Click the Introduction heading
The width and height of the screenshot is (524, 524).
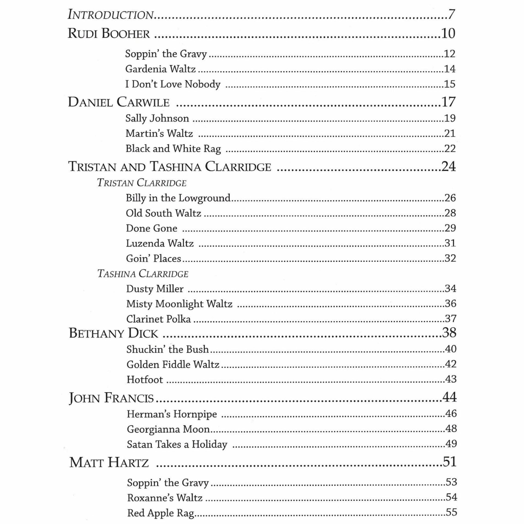click(111, 14)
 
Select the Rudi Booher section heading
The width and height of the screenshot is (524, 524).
click(109, 34)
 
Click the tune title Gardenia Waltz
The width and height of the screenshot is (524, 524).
click(160, 69)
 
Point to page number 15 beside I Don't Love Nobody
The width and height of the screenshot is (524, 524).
click(449, 84)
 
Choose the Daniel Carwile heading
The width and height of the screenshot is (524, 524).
click(118, 102)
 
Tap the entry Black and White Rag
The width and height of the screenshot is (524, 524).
click(173, 149)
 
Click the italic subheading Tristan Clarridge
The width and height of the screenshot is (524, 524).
click(142, 183)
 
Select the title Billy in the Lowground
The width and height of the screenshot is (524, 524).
click(178, 198)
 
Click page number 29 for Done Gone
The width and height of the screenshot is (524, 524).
click(450, 228)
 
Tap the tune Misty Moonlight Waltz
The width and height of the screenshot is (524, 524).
click(179, 304)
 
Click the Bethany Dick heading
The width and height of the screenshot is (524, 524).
click(113, 333)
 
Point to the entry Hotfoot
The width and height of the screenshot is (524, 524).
click(145, 380)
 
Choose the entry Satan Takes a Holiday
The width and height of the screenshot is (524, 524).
click(177, 445)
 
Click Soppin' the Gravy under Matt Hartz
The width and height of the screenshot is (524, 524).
click(168, 483)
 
